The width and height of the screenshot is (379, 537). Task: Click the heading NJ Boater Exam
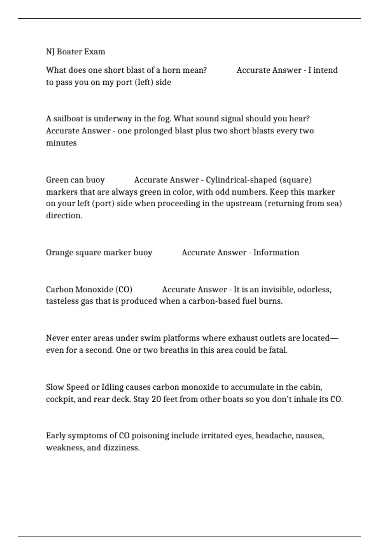pyautogui.click(x=75, y=51)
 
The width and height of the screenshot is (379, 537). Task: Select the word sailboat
pyautogui.click(x=68, y=119)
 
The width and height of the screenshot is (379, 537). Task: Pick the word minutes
pyautogui.click(x=61, y=143)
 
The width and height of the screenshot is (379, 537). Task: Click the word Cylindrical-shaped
pyautogui.click(x=241, y=180)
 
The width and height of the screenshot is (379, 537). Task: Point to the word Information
pyautogui.click(x=276, y=253)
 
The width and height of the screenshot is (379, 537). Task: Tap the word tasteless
pyautogui.click(x=62, y=301)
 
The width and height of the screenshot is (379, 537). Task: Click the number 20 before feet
pyautogui.click(x=156, y=399)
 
